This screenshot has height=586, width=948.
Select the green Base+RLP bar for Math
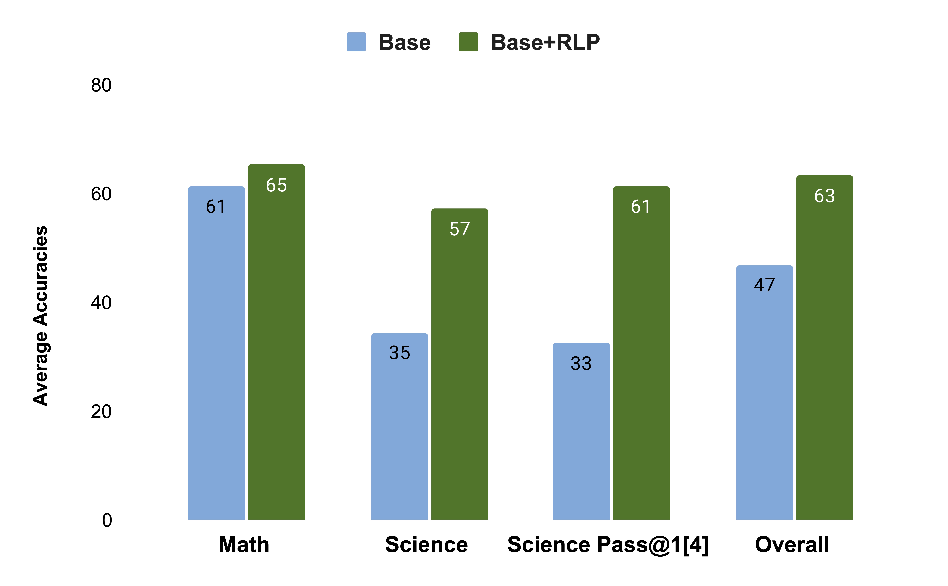tap(276, 349)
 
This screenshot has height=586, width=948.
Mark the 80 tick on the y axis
tap(101, 85)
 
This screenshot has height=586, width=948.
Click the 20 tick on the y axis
tap(101, 412)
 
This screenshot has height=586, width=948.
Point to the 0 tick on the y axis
tap(107, 520)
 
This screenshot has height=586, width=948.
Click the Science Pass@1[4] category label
tap(608, 545)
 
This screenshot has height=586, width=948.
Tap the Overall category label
tap(792, 545)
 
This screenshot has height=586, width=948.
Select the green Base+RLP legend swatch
tap(468, 42)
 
